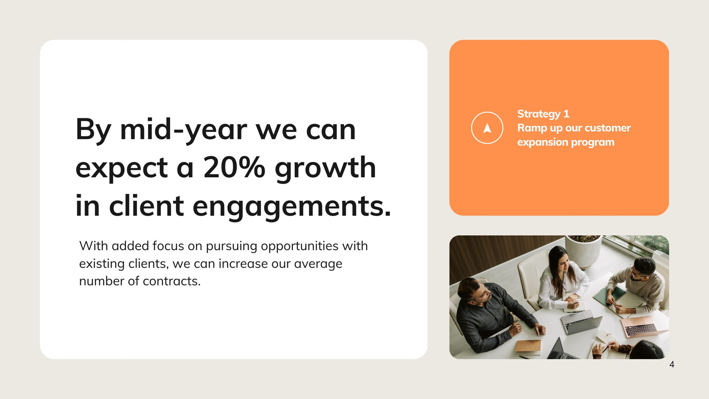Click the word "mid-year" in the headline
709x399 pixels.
click(183, 130)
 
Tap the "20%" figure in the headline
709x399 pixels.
click(234, 168)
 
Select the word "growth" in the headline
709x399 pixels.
click(325, 168)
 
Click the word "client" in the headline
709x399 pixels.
click(147, 205)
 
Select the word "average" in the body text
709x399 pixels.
click(318, 264)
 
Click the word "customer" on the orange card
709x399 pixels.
click(608, 128)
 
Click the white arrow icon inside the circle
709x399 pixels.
click(487, 128)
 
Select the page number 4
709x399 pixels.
click(672, 364)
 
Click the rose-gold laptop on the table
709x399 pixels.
click(643, 326)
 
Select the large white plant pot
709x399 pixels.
click(583, 252)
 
